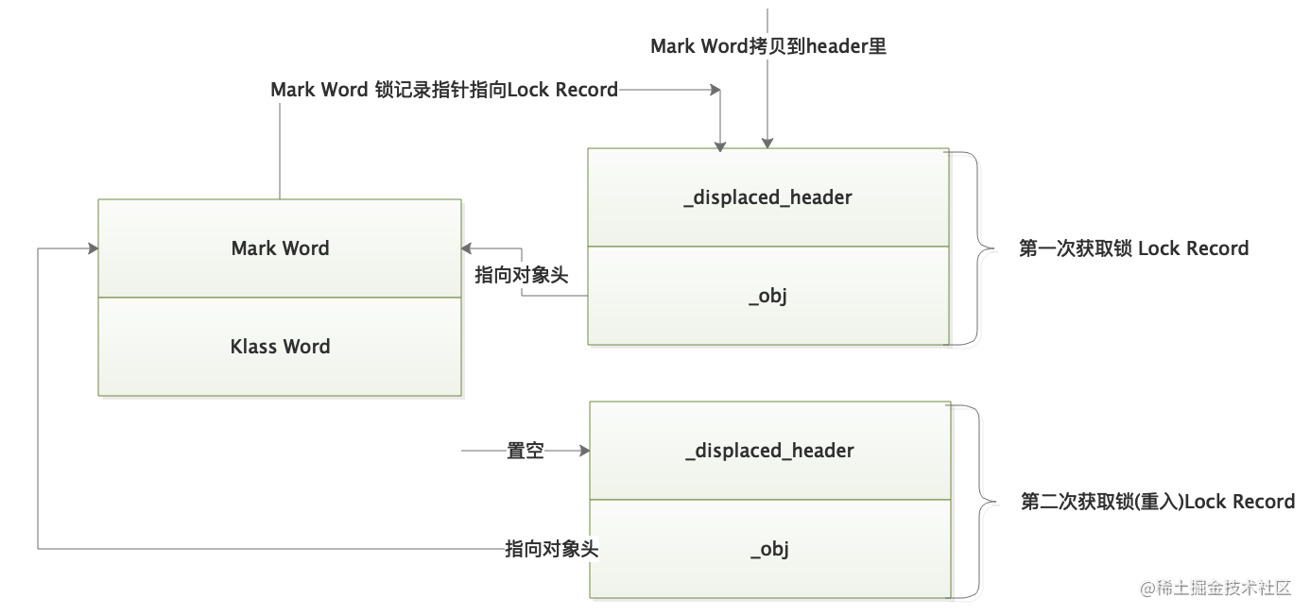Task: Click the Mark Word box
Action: (280, 248)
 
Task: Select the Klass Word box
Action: (280, 347)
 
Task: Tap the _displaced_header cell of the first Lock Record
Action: (767, 197)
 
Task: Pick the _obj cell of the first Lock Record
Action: (767, 296)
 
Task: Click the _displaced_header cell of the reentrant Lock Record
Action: (769, 451)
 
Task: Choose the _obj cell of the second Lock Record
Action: (769, 549)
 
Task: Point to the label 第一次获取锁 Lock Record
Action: (1133, 248)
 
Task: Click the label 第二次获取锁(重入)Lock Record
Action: (1158, 502)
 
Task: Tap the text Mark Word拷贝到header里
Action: (768, 46)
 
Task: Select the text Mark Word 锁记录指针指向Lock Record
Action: (444, 90)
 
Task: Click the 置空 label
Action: (526, 452)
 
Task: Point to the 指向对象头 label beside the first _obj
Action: (522, 275)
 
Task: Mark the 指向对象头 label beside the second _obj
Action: (552, 549)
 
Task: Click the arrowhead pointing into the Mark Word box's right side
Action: (467, 248)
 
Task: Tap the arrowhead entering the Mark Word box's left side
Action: (93, 248)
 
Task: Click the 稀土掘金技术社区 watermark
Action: (1215, 589)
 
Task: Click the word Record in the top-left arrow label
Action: (587, 90)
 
